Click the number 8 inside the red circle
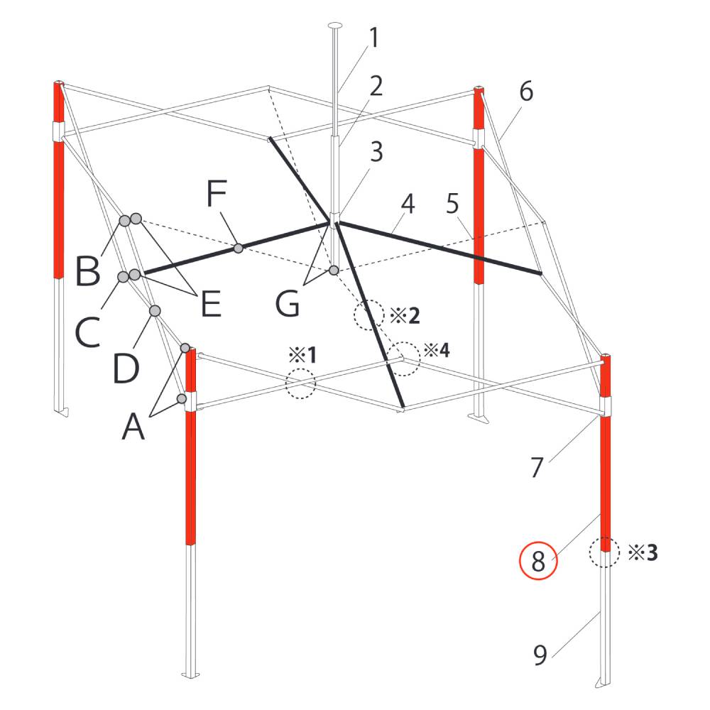click(x=538, y=562)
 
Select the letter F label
click(x=217, y=193)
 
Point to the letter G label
click(x=288, y=303)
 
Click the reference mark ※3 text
click(x=643, y=552)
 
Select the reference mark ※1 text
click(x=303, y=356)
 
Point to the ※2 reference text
click(x=405, y=316)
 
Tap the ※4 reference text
click(x=437, y=349)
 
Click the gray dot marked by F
click(x=239, y=248)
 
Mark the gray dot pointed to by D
click(x=155, y=311)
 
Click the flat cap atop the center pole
click(x=336, y=24)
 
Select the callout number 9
click(x=540, y=655)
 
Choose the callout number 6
click(x=526, y=92)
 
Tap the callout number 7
click(x=537, y=467)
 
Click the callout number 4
click(x=408, y=204)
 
